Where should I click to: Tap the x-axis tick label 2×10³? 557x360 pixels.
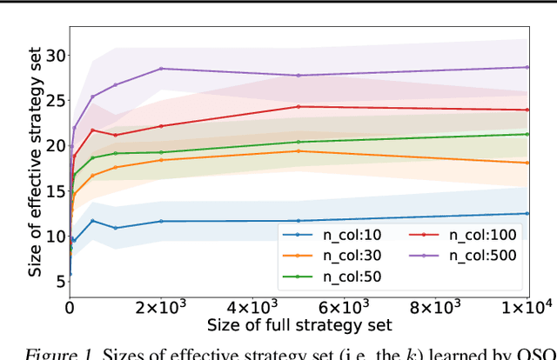(x=161, y=308)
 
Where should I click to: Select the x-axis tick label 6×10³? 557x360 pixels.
(x=343, y=308)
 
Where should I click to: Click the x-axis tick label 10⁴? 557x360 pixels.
(x=525, y=308)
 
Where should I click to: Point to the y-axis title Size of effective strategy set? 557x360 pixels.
(x=34, y=165)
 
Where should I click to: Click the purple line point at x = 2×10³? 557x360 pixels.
(x=161, y=69)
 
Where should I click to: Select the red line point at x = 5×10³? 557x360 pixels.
(x=299, y=107)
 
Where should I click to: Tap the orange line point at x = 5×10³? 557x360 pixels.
(x=299, y=151)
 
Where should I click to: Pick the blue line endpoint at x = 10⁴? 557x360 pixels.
(x=527, y=213)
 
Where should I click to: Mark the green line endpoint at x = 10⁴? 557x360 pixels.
(x=527, y=134)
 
